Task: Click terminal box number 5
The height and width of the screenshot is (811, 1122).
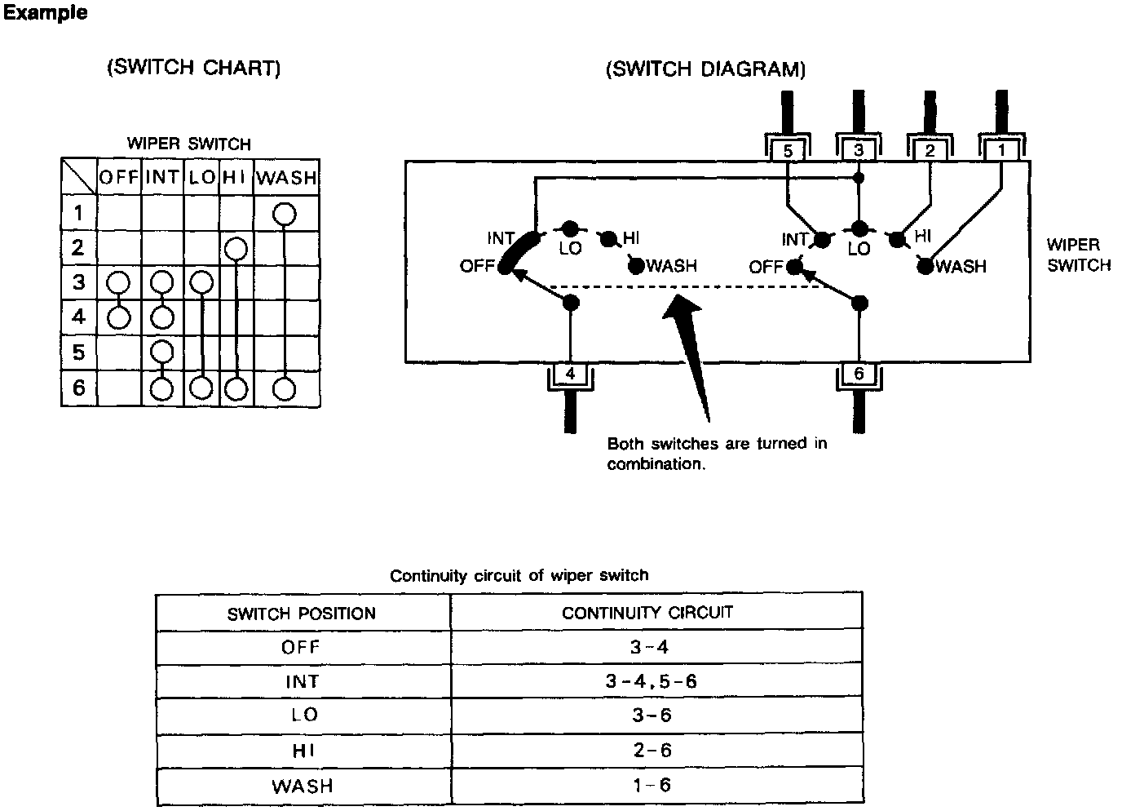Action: [787, 151]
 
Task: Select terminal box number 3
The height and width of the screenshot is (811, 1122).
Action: [859, 151]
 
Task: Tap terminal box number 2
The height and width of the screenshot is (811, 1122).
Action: [930, 151]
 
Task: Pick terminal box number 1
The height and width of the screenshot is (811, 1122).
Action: [1001, 151]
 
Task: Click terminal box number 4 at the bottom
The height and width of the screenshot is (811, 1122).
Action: [570, 374]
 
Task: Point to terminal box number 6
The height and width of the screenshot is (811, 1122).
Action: [859, 374]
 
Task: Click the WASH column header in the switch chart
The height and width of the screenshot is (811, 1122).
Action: [285, 178]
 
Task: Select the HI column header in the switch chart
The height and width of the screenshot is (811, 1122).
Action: [235, 178]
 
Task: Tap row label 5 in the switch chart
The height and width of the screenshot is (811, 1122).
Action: [78, 352]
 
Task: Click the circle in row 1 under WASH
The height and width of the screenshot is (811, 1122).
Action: [284, 214]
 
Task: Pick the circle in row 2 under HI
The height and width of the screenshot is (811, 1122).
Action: [236, 248]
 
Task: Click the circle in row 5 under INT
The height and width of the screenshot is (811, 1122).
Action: [162, 352]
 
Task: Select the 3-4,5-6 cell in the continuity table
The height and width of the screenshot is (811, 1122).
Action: [651, 681]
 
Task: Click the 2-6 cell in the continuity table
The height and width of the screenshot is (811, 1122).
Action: [651, 750]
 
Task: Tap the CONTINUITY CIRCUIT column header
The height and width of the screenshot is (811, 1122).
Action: [647, 612]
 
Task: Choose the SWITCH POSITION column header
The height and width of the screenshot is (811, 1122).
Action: [302, 614]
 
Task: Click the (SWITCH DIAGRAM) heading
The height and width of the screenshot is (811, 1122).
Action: [705, 69]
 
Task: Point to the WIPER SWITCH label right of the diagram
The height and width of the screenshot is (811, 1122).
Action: [1078, 255]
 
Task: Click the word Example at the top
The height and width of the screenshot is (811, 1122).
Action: [46, 14]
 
